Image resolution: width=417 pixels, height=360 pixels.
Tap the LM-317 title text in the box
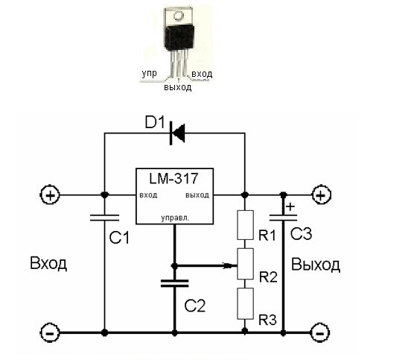(x=174, y=178)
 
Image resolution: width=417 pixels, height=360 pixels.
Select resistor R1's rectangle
(x=245, y=225)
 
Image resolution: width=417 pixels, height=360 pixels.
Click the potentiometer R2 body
(x=245, y=264)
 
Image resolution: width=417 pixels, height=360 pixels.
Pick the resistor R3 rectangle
(x=245, y=303)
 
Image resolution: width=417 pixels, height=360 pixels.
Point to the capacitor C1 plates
(x=104, y=218)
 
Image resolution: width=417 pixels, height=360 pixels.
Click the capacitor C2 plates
(x=175, y=283)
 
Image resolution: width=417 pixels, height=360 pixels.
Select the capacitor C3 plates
(x=283, y=218)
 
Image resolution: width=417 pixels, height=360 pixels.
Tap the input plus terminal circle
(x=50, y=195)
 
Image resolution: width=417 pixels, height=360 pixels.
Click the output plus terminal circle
(x=321, y=195)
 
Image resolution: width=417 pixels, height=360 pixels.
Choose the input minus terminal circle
(x=50, y=333)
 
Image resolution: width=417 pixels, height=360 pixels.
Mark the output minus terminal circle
(x=320, y=333)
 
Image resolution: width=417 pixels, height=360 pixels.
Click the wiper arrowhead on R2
(x=229, y=265)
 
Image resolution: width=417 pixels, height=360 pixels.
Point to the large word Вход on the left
(x=48, y=263)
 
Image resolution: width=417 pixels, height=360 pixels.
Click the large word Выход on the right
(x=316, y=265)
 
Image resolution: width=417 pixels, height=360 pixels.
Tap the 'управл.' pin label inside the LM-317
(x=175, y=218)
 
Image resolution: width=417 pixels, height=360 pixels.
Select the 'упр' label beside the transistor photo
(x=149, y=74)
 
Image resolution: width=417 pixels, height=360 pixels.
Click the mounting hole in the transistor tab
(x=178, y=16)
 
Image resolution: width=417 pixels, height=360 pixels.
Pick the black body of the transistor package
(x=179, y=37)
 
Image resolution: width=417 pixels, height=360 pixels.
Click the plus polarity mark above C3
(x=290, y=207)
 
